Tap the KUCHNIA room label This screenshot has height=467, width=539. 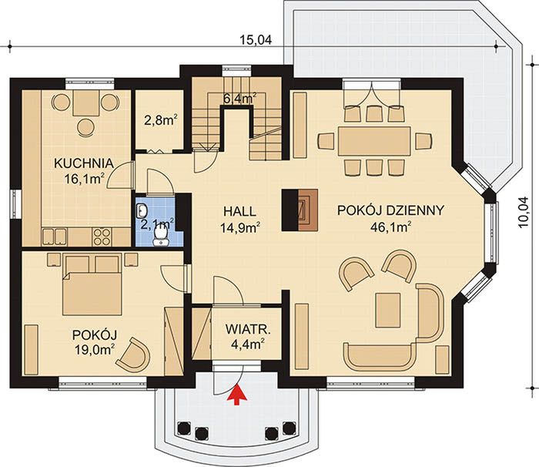click(x=84, y=163)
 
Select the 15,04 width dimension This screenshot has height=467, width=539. click(x=256, y=40)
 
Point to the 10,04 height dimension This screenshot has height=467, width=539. click(x=524, y=212)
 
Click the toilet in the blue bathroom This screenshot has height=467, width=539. click(x=160, y=237)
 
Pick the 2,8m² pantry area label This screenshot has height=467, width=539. click(x=160, y=121)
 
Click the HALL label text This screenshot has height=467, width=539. click(x=239, y=211)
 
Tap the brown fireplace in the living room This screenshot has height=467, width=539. click(x=308, y=210)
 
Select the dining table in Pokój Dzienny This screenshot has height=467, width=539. click(x=374, y=141)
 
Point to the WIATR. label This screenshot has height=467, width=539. click(x=248, y=329)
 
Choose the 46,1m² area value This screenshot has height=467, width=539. click(x=391, y=227)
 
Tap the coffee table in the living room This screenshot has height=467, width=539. click(x=388, y=310)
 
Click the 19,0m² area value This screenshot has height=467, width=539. click(x=95, y=349)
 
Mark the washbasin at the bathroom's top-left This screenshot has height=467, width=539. click(x=142, y=210)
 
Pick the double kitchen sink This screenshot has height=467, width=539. click(x=55, y=237)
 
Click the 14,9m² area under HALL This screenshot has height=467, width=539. click(x=239, y=228)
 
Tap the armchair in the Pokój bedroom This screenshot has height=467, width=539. click(x=133, y=354)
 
